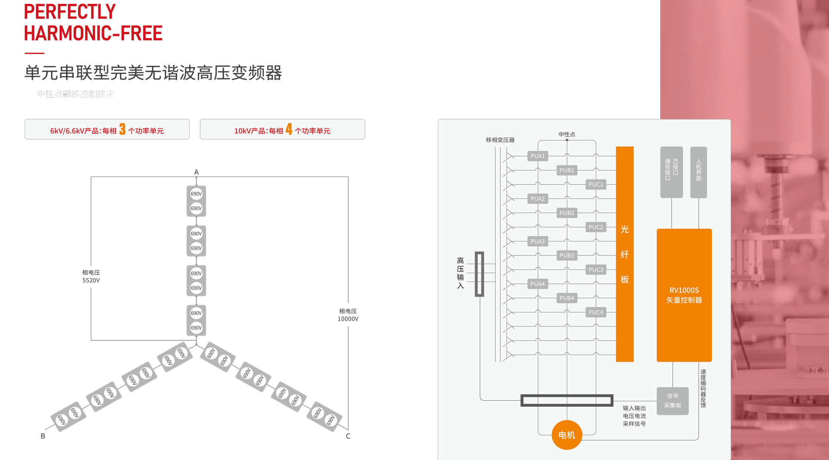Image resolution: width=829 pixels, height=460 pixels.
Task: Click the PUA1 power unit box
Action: (x=538, y=156)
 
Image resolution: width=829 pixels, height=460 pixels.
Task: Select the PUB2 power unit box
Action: (x=567, y=213)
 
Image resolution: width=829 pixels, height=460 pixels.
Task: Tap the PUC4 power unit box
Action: (x=596, y=312)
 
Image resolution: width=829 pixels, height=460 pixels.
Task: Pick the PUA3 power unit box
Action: (x=538, y=241)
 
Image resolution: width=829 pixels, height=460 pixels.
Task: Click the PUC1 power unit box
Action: (x=596, y=185)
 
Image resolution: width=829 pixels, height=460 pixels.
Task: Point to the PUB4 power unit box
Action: (x=567, y=298)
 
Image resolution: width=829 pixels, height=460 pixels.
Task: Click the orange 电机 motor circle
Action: (x=566, y=435)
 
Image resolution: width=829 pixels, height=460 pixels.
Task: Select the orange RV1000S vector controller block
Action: (x=684, y=295)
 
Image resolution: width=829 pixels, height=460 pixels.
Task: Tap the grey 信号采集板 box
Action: (x=672, y=401)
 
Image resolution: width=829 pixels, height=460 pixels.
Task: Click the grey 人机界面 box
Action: (x=698, y=172)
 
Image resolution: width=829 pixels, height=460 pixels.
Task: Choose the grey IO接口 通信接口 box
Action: (x=671, y=172)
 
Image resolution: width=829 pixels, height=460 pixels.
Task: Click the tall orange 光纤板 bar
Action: (x=624, y=254)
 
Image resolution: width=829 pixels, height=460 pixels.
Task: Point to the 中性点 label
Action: (x=566, y=134)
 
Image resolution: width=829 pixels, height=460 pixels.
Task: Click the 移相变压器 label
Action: (x=500, y=140)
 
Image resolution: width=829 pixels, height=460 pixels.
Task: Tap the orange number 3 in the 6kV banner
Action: (x=122, y=129)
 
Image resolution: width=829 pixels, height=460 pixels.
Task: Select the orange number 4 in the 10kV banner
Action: (x=289, y=129)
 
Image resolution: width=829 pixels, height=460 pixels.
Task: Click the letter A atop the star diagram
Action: (x=196, y=172)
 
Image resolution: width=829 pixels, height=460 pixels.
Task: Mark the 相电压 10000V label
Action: (x=348, y=315)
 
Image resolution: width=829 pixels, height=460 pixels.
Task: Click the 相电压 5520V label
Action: (x=91, y=276)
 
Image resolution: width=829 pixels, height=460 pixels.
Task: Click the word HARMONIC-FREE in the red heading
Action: (x=93, y=34)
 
